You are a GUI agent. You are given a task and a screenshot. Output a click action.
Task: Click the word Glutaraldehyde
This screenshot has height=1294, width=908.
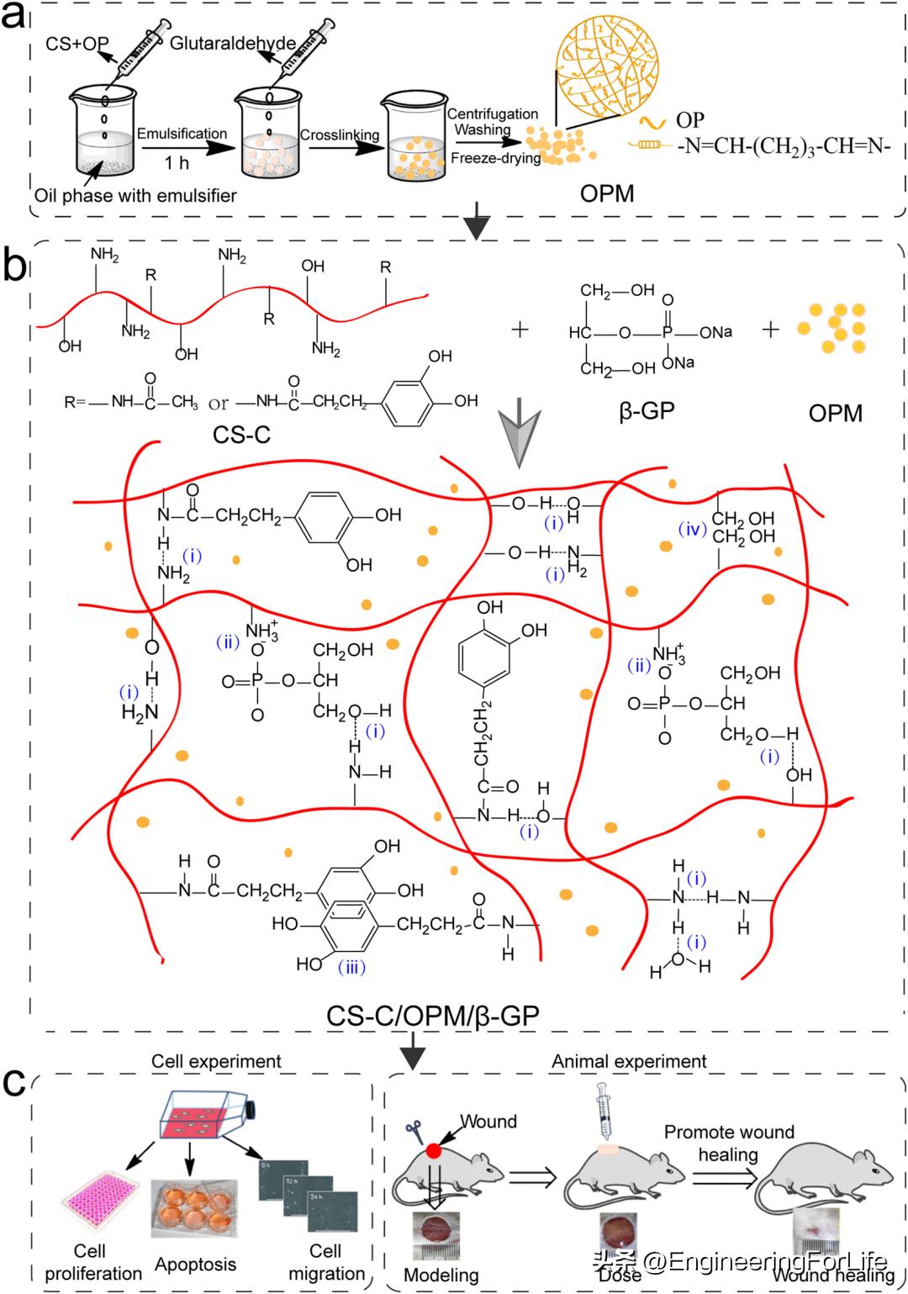pos(232,43)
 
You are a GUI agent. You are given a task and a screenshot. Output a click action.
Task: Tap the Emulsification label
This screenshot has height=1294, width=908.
pos(182,134)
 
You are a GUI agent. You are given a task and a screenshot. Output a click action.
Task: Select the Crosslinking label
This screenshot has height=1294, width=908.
pos(339,135)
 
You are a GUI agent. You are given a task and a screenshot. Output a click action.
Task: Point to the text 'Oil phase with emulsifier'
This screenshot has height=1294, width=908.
pos(135,196)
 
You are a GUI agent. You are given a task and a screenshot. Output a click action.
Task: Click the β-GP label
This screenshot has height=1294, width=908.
pos(647,412)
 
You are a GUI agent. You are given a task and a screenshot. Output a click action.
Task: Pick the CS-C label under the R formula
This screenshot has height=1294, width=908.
pos(242,435)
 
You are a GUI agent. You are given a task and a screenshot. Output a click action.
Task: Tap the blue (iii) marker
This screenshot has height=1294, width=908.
pos(351,967)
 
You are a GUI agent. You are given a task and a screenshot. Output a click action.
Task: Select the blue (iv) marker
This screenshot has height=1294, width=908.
pos(693,529)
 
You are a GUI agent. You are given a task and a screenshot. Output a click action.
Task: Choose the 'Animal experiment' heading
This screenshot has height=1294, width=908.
pos(629,1061)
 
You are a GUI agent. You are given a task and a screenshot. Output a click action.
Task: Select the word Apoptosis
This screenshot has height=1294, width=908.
pos(195,1265)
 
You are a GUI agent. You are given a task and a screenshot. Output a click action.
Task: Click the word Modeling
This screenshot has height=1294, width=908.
pos(441,1275)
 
